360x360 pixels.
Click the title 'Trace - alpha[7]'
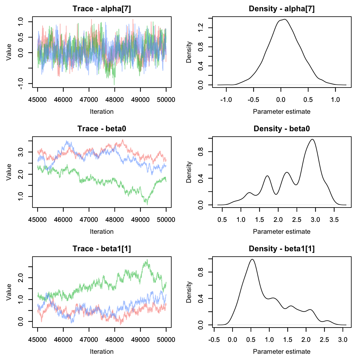[102, 9]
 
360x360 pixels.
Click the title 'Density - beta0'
[282, 129]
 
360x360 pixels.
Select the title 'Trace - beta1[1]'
[102, 249]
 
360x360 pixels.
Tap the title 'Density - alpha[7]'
[282, 9]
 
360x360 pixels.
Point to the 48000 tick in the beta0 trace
[114, 220]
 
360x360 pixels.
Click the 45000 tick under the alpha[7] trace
[37, 100]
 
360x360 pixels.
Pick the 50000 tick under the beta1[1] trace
[166, 340]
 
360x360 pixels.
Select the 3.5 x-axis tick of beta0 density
[334, 220]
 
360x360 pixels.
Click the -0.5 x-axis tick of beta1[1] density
[214, 340]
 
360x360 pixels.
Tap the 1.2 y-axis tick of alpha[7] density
[201, 28]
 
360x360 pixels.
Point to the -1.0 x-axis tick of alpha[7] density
[226, 100]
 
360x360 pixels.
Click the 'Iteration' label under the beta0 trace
[102, 232]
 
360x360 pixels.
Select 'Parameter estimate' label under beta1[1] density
[282, 352]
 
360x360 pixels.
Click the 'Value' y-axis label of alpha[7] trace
[9, 52]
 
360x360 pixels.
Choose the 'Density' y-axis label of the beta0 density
[189, 172]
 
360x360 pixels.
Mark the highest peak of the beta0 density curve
[312, 139]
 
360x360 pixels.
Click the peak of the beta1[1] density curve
[252, 259]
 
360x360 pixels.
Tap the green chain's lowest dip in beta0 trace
[147, 205]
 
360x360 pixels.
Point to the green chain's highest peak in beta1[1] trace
[147, 260]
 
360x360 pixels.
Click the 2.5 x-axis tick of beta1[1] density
[324, 340]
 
